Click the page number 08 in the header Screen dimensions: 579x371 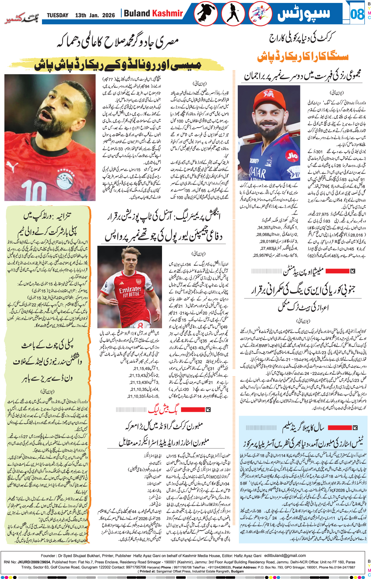pyautogui.click(x=357, y=14)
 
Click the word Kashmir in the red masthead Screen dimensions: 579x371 pyautogui.click(x=168, y=13)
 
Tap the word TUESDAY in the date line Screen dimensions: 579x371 pyautogui.click(x=58, y=15)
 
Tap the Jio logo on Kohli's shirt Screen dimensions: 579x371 pyautogui.click(x=292, y=156)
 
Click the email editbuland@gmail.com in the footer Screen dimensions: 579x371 pyautogui.click(x=285, y=555)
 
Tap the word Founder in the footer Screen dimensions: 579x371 pyautogui.click(x=48, y=555)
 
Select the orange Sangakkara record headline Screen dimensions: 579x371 pyautogui.click(x=303, y=56)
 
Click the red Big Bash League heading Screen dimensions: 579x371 pyautogui.click(x=163, y=409)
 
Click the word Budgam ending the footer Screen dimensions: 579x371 pyautogui.click(x=238, y=571)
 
